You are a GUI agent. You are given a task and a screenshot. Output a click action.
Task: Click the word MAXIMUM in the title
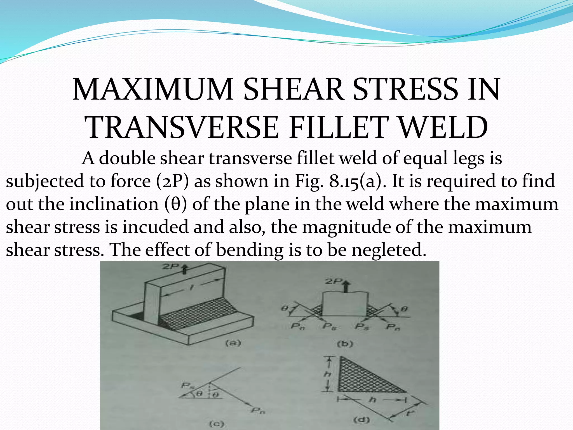click(153, 89)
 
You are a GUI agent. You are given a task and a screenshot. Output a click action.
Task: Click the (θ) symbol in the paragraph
click(175, 204)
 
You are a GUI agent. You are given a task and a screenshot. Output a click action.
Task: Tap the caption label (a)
click(233, 343)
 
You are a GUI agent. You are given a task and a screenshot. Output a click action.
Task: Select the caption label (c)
click(217, 424)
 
